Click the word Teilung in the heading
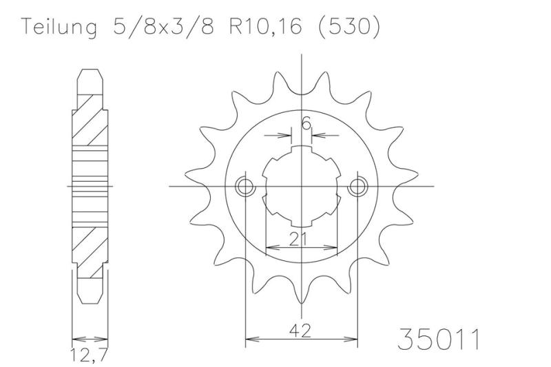tap(59, 26)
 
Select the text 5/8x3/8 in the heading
tap(163, 25)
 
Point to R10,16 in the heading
tap(265, 25)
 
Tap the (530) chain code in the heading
tap(349, 26)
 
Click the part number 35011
tap(439, 339)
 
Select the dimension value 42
tap(300, 331)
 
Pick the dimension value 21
tap(298, 239)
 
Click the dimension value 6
tap(306, 124)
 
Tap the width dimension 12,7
tap(89, 355)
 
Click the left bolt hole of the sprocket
tap(245, 187)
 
